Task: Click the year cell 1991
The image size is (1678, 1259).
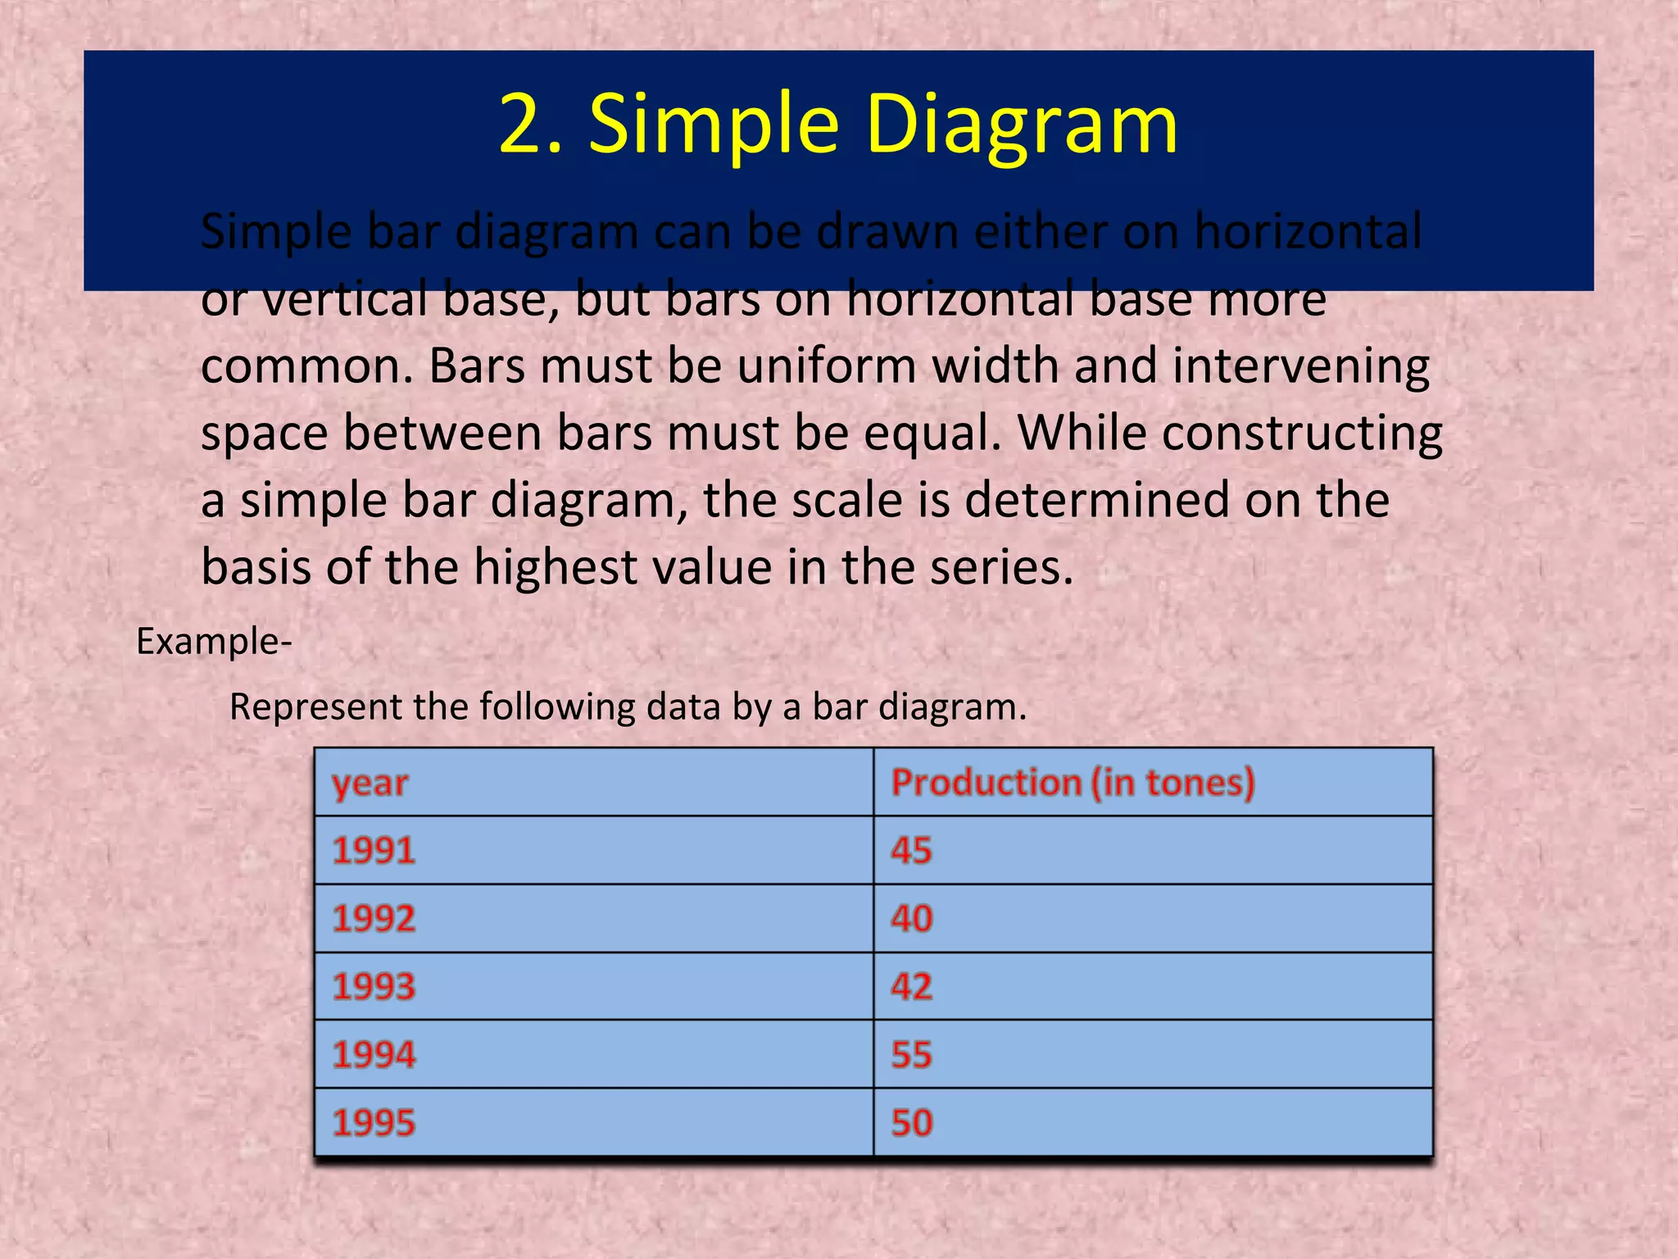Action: tap(374, 850)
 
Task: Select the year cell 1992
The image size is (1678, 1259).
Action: tap(374, 918)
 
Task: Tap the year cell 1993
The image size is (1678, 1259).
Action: tap(374, 986)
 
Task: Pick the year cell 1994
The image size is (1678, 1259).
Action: tap(374, 1054)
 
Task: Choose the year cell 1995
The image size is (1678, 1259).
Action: tap(374, 1122)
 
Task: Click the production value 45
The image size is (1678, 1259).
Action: tap(911, 850)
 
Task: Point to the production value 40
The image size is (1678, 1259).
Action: tap(911, 918)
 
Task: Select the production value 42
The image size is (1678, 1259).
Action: tap(911, 986)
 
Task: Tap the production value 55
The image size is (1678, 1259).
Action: tap(911, 1054)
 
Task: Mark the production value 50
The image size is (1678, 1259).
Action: tap(911, 1122)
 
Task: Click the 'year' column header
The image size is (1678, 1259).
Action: tap(370, 784)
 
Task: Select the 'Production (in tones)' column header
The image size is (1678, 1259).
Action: tap(1073, 782)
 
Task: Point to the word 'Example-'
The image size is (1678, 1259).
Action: tap(214, 641)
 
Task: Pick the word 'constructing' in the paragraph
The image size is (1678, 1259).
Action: tap(1302, 433)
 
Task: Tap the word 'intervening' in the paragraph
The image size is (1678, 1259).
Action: tap(1300, 366)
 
